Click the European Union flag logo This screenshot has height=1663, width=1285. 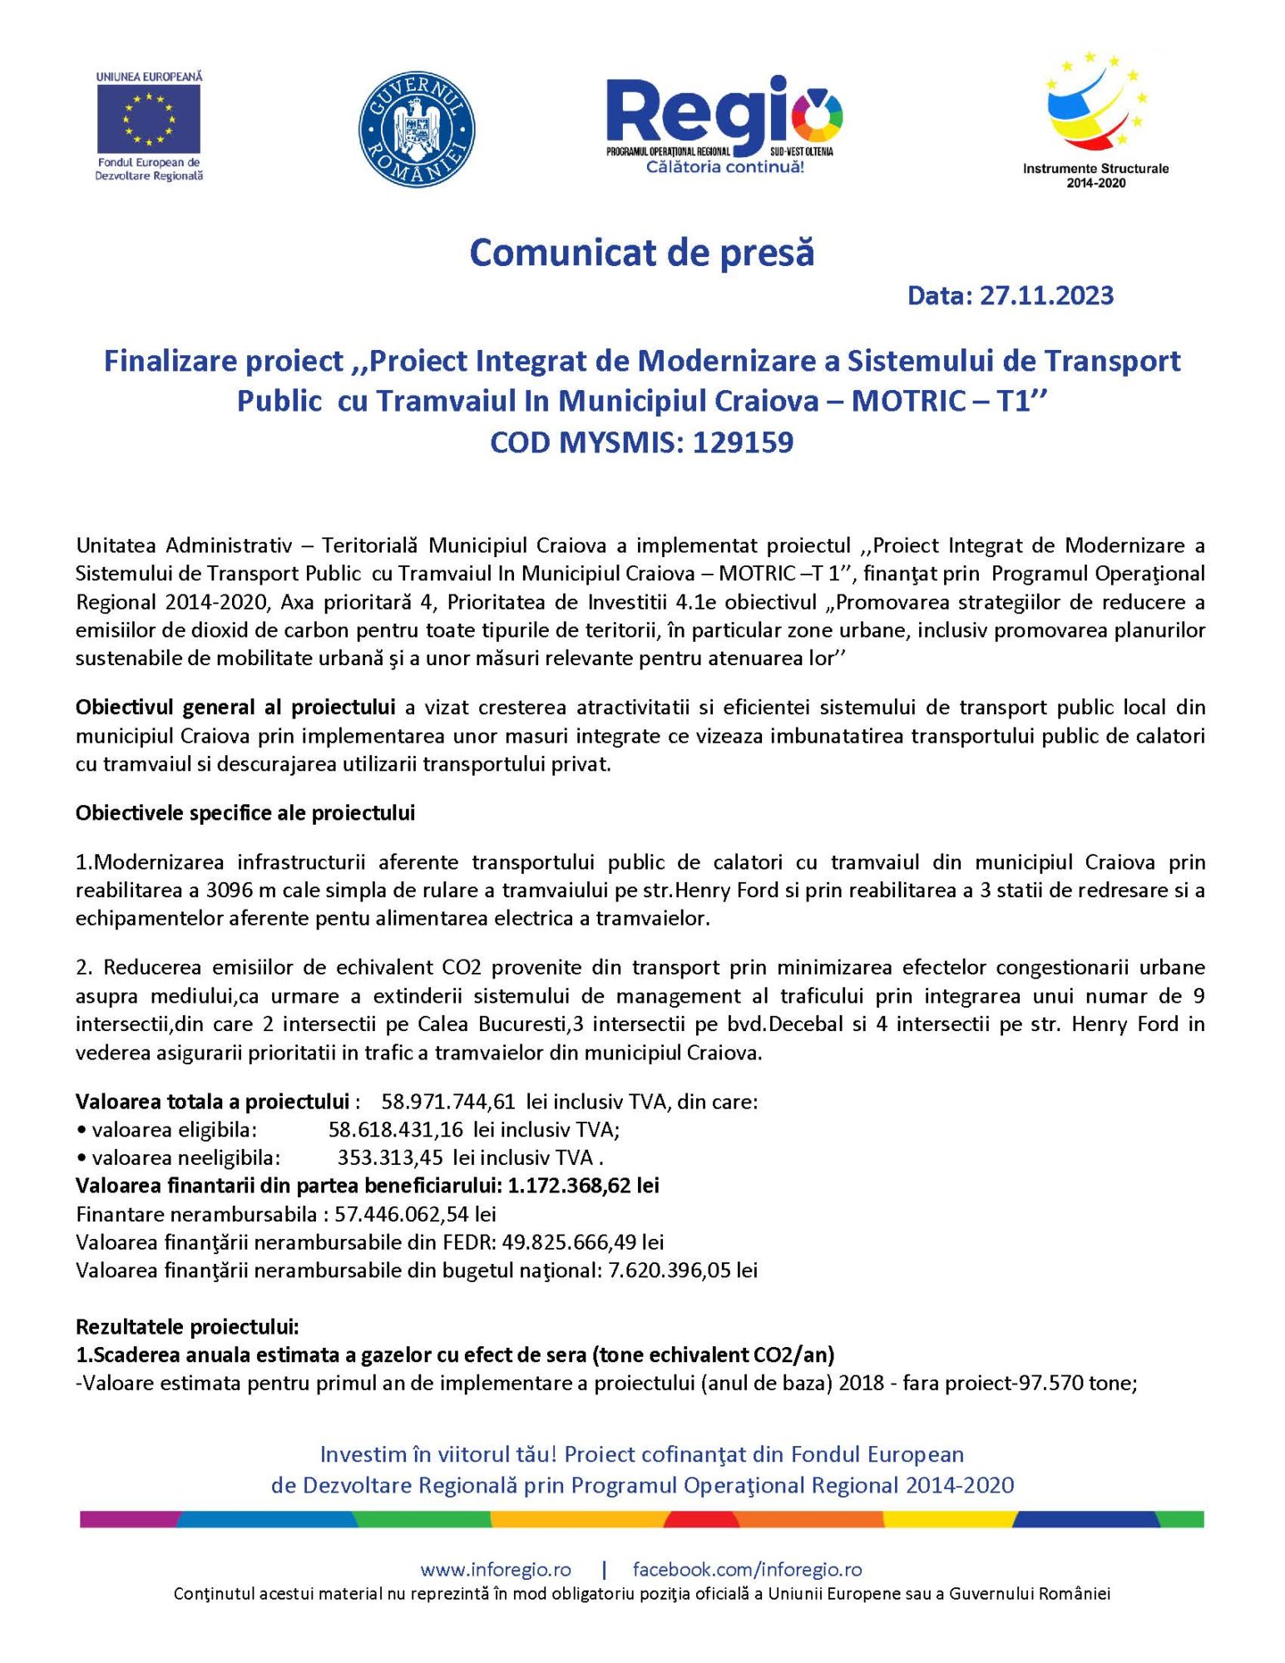point(149,117)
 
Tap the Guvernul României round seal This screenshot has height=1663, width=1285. point(416,129)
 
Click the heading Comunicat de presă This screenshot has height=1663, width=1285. point(641,253)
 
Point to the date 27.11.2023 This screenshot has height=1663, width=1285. point(1046,296)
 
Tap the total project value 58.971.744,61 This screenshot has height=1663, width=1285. point(448,1102)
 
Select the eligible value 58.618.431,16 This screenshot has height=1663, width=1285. point(396,1129)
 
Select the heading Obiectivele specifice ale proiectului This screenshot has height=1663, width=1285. point(245,813)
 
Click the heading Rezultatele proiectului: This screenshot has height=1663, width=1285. point(187,1326)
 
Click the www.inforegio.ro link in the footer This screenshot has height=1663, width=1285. point(496,1570)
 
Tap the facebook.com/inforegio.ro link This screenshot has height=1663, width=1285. point(747,1570)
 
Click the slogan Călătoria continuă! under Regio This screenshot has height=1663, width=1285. point(724,167)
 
